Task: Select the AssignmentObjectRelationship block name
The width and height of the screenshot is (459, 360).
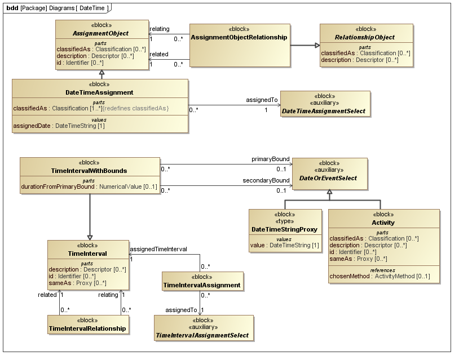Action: click(x=239, y=37)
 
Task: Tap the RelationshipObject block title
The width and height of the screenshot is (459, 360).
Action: click(x=365, y=37)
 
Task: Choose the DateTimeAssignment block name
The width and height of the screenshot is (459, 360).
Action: click(x=100, y=92)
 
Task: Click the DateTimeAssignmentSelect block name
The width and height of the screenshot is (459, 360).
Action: click(x=325, y=112)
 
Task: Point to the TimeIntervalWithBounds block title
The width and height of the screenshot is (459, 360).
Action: click(x=89, y=171)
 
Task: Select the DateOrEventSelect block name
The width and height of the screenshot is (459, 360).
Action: click(x=329, y=178)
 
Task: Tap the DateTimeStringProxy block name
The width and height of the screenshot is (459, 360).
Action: click(x=285, y=229)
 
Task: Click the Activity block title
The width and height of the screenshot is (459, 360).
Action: click(x=383, y=223)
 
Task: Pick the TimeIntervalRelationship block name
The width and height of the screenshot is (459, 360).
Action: click(x=87, y=328)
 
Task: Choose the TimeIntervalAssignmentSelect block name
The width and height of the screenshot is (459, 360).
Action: click(x=202, y=335)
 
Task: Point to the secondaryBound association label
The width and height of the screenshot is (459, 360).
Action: click(x=266, y=181)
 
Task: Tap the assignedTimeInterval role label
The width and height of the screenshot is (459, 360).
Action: click(x=158, y=248)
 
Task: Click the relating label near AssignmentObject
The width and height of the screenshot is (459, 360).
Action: click(x=159, y=29)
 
